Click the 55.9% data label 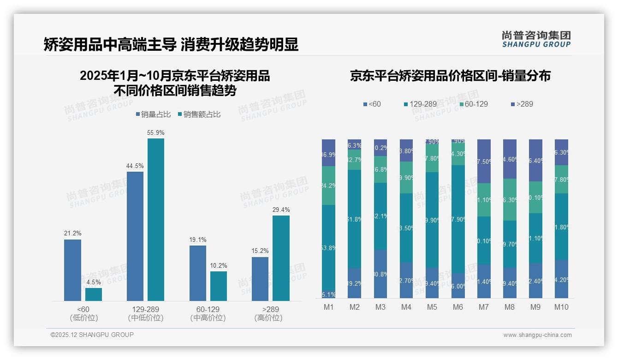(x=156, y=132)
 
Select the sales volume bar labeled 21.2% (x=72, y=270)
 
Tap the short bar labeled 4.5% (x=94, y=294)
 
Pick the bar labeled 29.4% (x=281, y=258)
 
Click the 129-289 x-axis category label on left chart (x=145, y=309)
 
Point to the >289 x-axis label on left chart (x=268, y=309)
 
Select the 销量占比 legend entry (x=153, y=114)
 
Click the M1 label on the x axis (x=328, y=307)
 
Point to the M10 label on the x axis (x=561, y=307)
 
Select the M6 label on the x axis (x=458, y=307)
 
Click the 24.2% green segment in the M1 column (x=329, y=186)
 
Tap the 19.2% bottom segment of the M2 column (x=355, y=283)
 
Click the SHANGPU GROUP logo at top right (x=536, y=39)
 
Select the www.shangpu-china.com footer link (x=537, y=335)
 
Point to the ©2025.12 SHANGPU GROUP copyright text (x=92, y=335)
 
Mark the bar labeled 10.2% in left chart (x=219, y=286)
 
